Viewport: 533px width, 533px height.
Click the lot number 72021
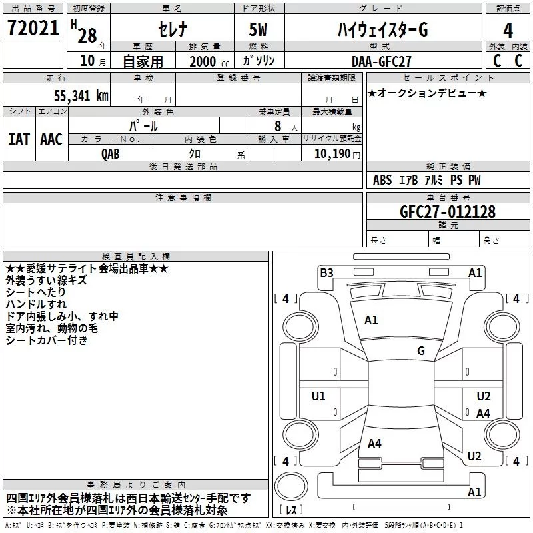[x=33, y=28]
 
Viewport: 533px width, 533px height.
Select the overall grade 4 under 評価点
[x=508, y=30]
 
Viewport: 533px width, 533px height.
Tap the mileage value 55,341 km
[x=81, y=95]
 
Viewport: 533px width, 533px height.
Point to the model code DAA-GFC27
[x=381, y=61]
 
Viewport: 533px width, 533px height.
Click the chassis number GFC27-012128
[x=448, y=212]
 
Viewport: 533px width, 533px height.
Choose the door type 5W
[x=258, y=29]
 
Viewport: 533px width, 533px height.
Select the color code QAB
[x=110, y=154]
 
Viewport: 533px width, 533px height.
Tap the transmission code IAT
[x=19, y=139]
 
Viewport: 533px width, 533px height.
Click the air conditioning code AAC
[x=51, y=139]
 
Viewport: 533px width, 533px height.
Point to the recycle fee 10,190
[x=332, y=154]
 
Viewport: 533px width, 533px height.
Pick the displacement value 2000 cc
[x=209, y=61]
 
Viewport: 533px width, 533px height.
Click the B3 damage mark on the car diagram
[x=326, y=273]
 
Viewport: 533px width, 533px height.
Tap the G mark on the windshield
[x=421, y=351]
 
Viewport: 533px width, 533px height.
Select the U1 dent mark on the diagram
[x=318, y=396]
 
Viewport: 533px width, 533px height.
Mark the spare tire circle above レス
[x=291, y=486]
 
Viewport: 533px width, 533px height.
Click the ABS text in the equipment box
[x=382, y=180]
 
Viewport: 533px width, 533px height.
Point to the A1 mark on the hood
[x=371, y=320]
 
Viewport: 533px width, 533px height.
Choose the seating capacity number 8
[x=278, y=126]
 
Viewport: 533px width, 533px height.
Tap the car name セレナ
[x=173, y=29]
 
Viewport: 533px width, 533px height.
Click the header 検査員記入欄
[x=136, y=257]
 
